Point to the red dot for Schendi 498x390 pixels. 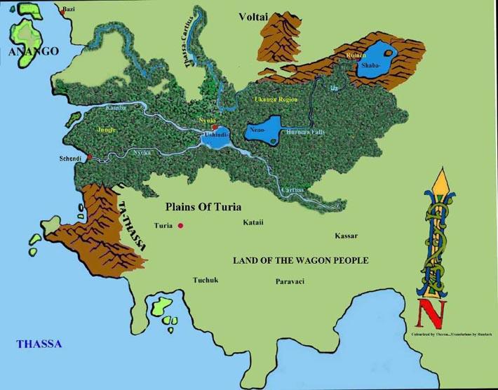point(89,157)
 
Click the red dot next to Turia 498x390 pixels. point(181,226)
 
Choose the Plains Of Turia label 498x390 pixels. point(203,207)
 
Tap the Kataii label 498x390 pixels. point(253,222)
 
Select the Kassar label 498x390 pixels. point(346,236)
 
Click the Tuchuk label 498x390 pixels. point(206,281)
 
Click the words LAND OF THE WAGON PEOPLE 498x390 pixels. point(301,260)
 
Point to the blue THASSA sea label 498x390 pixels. point(39,344)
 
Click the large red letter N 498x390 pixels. point(425,312)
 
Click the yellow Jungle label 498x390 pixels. point(107,130)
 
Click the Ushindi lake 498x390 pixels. point(215,142)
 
